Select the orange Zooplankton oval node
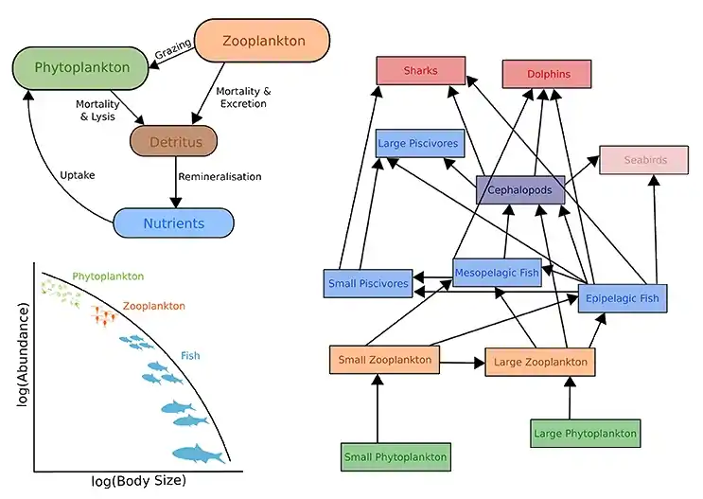pyautogui.click(x=261, y=42)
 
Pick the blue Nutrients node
pyautogui.click(x=172, y=223)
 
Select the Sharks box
pyautogui.click(x=420, y=71)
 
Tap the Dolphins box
pyautogui.click(x=546, y=75)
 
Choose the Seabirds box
pyautogui.click(x=644, y=160)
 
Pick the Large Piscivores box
pyautogui.click(x=419, y=144)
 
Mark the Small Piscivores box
pyautogui.click(x=368, y=283)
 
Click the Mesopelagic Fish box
pyautogui.click(x=497, y=273)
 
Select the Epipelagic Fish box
pyautogui.click(x=623, y=299)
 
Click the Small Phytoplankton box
pyautogui.click(x=394, y=457)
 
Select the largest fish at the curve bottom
pyautogui.click(x=197, y=455)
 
